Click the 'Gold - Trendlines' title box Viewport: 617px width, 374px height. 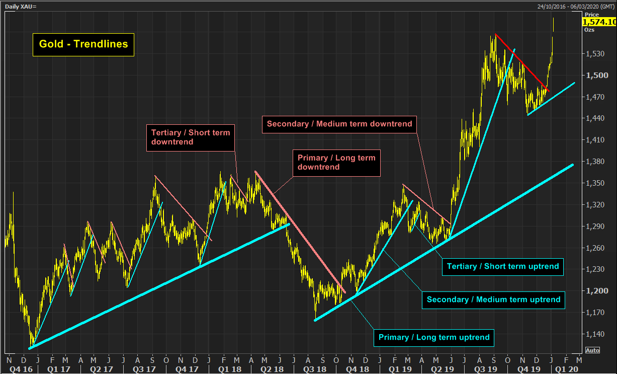[83, 44]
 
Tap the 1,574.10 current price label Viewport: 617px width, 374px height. [599, 22]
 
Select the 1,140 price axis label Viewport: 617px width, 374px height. [596, 334]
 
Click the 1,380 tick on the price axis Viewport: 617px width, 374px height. [596, 162]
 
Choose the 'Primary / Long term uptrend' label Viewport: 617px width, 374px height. [434, 337]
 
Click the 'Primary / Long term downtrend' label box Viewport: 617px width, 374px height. [336, 162]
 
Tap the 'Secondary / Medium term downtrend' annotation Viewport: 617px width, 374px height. [339, 124]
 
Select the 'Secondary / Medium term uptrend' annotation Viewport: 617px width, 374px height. [493, 300]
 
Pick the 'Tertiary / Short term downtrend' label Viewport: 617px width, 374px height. [191, 137]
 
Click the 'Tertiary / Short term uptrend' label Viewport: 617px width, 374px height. [503, 266]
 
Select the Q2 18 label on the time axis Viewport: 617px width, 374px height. [265, 368]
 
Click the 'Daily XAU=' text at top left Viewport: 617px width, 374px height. [21, 6]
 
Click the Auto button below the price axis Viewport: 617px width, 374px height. [592, 350]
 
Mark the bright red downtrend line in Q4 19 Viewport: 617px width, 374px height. [522, 63]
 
